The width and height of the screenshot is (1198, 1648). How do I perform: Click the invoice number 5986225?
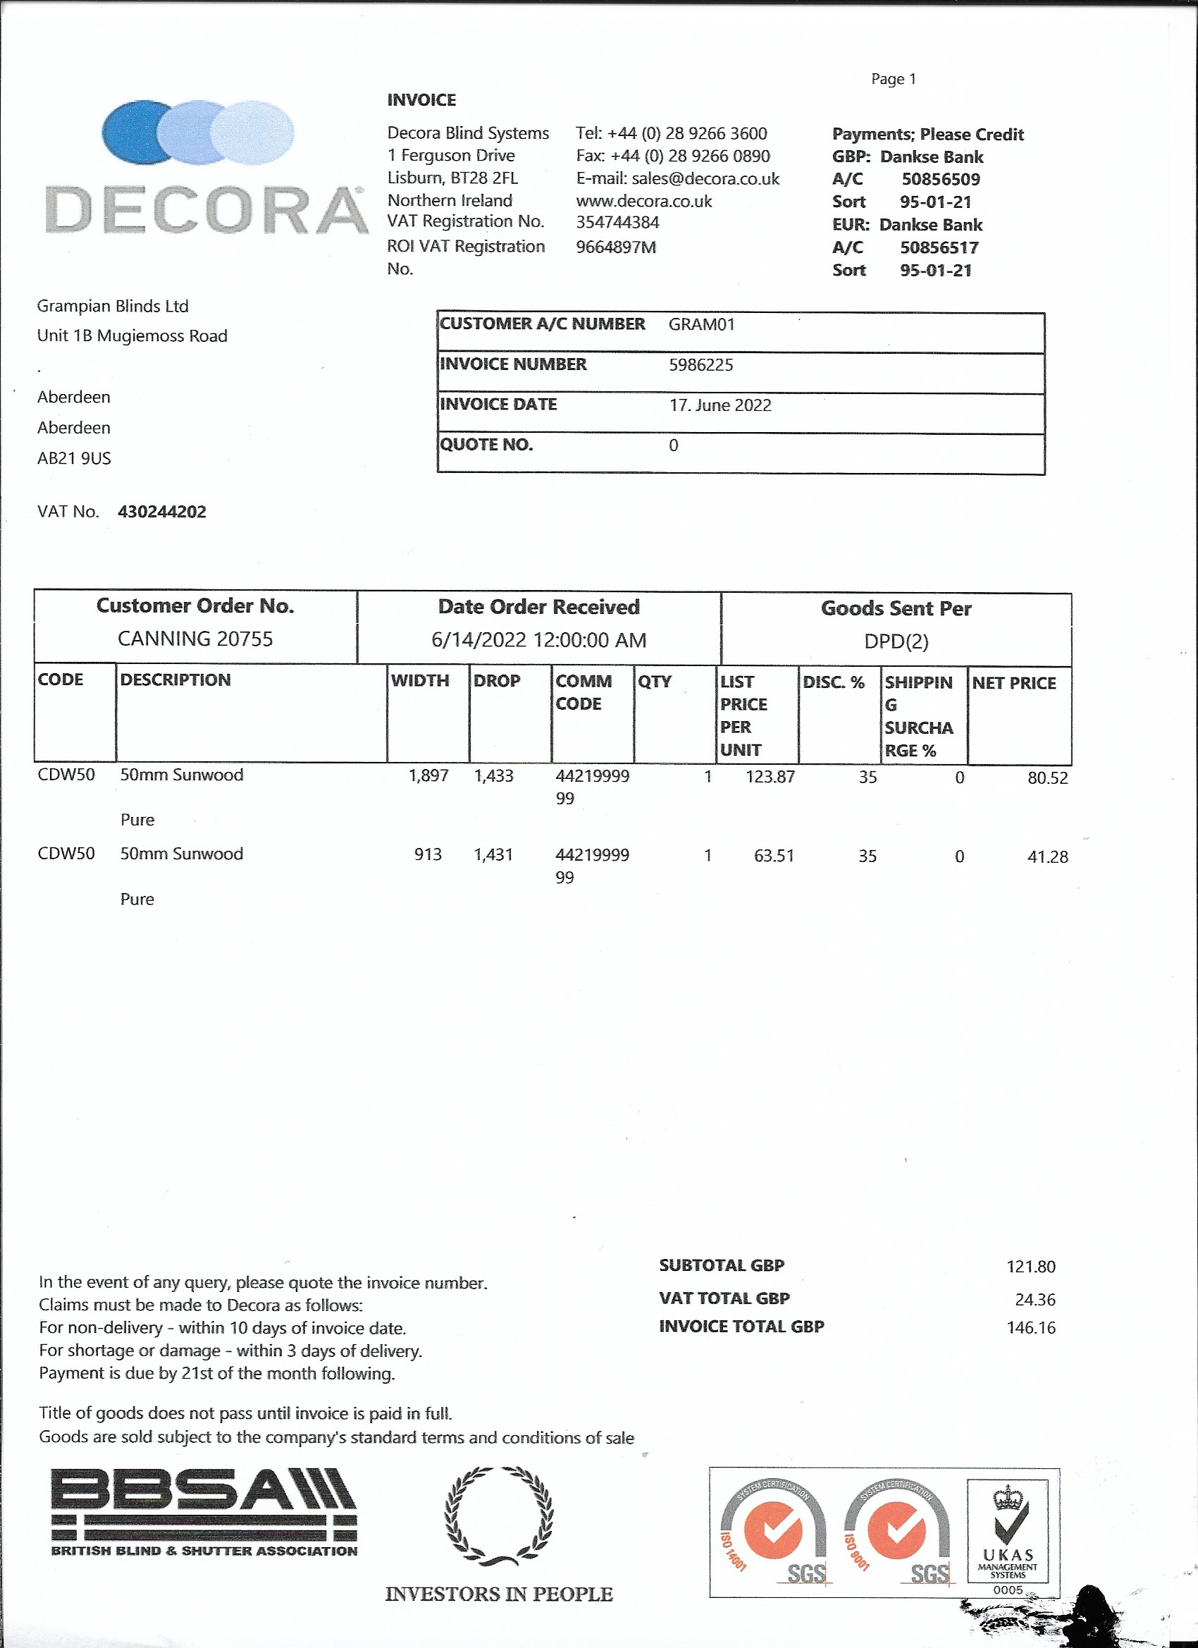pos(700,364)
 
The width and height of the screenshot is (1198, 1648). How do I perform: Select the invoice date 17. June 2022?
pos(720,405)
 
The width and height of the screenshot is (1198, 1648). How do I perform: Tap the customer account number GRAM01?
pos(701,324)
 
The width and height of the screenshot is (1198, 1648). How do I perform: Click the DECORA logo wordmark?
pos(206,211)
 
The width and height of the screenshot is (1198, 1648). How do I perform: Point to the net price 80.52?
pos(1047,778)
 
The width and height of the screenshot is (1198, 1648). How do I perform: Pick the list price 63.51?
pos(774,856)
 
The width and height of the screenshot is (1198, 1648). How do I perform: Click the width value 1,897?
pos(428,775)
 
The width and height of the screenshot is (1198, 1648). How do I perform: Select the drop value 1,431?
pos(493,854)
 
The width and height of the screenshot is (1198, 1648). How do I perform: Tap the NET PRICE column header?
pos(1013,683)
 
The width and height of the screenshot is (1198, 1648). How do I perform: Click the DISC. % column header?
pos(833,682)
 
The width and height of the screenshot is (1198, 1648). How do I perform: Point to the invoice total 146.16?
pos(1030,1327)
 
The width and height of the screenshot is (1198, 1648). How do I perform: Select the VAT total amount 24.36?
pos(1035,1299)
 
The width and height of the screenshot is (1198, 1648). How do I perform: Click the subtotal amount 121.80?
pos(1030,1267)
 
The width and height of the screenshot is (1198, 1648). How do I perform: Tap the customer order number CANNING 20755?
pos(195,639)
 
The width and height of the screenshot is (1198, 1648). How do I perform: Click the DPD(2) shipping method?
pos(896,641)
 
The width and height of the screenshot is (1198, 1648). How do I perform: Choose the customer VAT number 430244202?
pos(162,512)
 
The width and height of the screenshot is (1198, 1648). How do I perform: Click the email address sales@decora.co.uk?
pos(705,179)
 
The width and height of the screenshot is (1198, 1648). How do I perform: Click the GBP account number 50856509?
pos(940,180)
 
